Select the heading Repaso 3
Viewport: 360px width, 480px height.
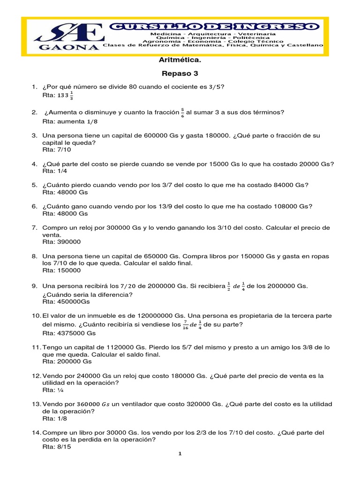[180, 73]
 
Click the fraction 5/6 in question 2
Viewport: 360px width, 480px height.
[182, 112]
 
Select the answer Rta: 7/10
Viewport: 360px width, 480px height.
[57, 150]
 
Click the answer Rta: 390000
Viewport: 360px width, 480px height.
[61, 242]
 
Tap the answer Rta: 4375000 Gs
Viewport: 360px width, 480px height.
[69, 333]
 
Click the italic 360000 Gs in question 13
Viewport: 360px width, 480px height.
[93, 404]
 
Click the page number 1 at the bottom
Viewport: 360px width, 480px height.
[180, 454]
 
